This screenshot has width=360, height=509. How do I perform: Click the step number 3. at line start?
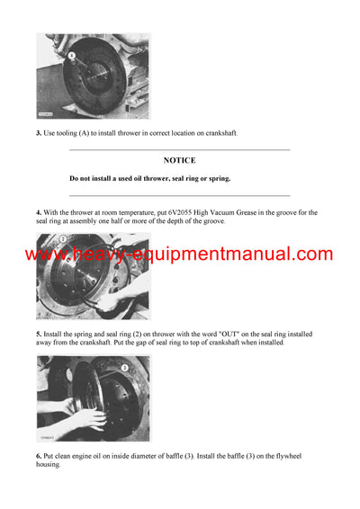pos(40,133)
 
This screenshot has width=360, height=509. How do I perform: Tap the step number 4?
pos(40,212)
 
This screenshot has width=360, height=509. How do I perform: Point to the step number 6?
pos(40,456)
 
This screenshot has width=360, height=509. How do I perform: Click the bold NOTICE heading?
pos(179,160)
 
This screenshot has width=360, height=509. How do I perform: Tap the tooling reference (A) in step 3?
pos(91,133)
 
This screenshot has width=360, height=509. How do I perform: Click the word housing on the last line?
pos(52,465)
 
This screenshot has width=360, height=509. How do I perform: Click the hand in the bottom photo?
pos(85,418)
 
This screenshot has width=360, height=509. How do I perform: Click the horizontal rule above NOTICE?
pos(179,149)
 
